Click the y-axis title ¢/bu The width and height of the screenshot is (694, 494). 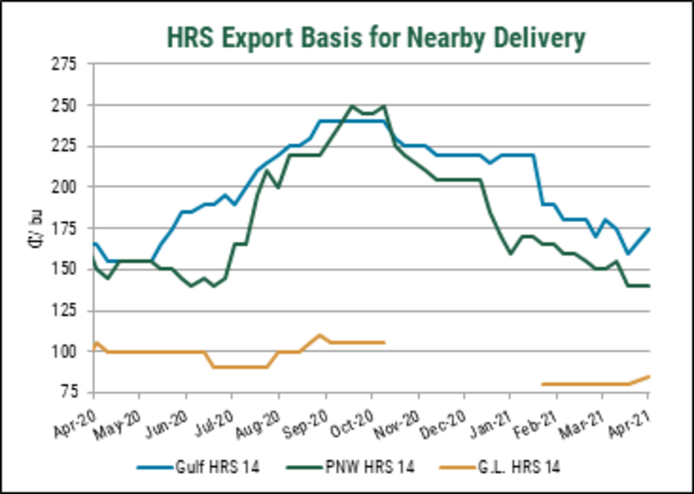35,228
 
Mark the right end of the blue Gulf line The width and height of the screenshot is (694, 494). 650,228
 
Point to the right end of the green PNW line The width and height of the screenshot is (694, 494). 650,286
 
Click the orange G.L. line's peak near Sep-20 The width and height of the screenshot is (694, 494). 321,335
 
